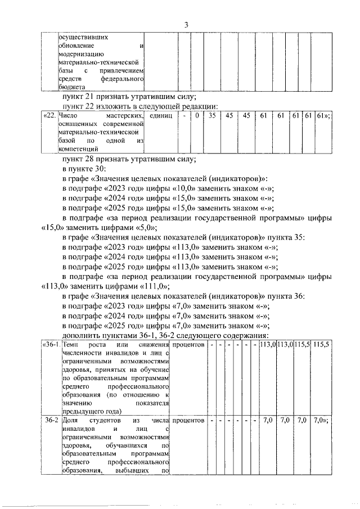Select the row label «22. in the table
(50, 115)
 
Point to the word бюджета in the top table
(72, 88)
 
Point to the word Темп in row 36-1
(72, 344)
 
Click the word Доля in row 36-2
(72, 420)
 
